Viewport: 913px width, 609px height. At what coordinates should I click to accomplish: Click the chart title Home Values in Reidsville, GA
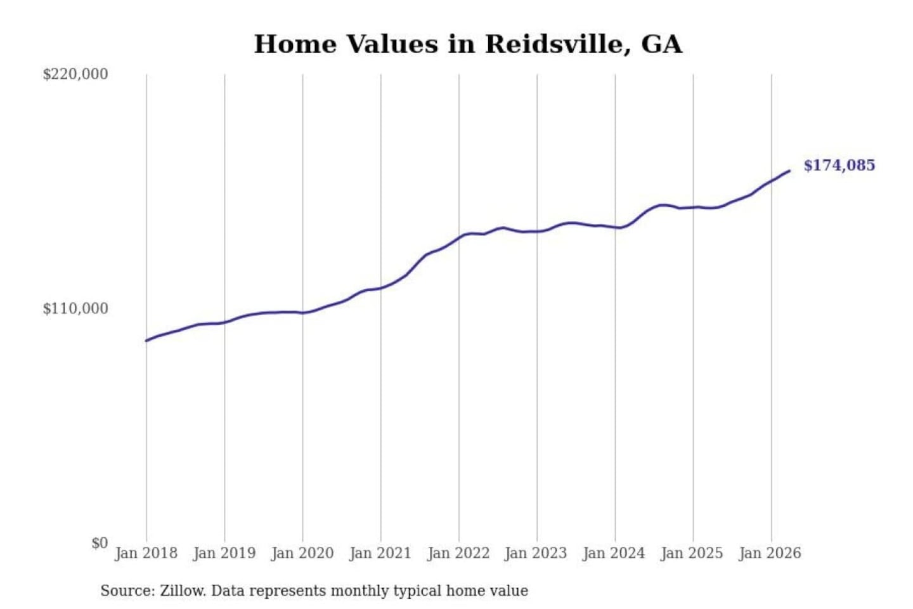[468, 44]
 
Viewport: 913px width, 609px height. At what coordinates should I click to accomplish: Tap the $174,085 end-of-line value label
[839, 165]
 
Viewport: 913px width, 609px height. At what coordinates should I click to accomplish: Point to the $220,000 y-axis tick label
[75, 74]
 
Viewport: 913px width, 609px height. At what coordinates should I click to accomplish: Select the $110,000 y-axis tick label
[75, 308]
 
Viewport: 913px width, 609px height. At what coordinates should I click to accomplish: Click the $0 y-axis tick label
[100, 543]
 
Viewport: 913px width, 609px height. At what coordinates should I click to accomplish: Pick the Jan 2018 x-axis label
[146, 554]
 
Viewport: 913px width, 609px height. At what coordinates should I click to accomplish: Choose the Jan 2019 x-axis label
[224, 554]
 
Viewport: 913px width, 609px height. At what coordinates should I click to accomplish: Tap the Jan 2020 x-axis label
[302, 554]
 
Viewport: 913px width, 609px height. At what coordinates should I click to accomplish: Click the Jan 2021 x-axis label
[380, 554]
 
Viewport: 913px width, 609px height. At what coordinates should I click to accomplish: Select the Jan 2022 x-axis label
[459, 554]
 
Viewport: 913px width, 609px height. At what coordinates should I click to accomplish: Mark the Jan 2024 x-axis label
[615, 554]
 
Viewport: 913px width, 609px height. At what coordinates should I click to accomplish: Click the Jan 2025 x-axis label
[693, 554]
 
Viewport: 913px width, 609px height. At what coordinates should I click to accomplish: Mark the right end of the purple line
[790, 171]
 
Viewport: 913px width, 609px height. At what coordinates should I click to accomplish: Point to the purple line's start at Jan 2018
[146, 341]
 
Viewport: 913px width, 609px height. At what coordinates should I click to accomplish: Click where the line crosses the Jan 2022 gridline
[459, 237]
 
